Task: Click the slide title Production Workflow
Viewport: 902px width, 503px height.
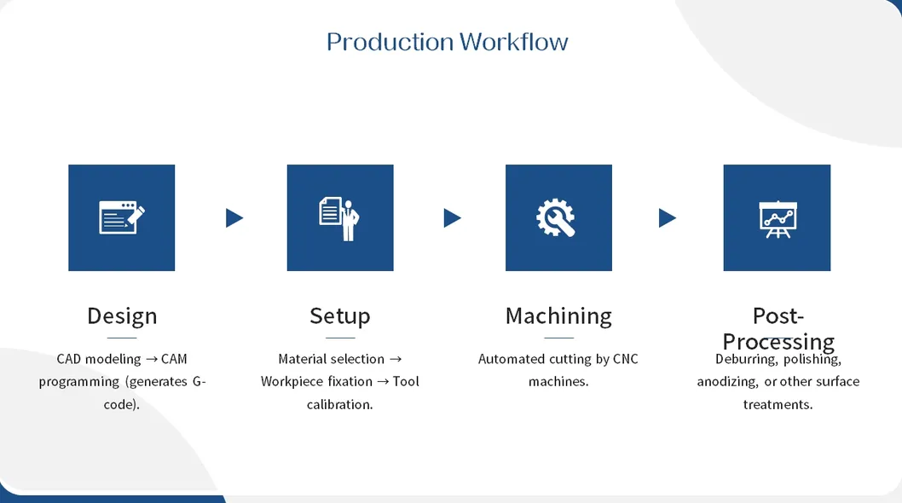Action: point(447,42)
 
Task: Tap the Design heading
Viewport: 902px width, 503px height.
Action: point(122,315)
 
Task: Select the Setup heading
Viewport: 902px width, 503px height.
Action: point(339,315)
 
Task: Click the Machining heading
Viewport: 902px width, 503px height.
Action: point(558,315)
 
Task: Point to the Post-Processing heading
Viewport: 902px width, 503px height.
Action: point(778,328)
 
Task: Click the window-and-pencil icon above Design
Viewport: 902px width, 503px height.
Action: point(122,218)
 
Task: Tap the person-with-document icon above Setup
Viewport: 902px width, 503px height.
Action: point(339,218)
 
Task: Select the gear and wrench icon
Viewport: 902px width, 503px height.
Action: point(558,218)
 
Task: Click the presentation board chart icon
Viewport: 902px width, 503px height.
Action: point(777,218)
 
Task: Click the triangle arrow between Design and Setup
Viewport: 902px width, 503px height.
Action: point(234,218)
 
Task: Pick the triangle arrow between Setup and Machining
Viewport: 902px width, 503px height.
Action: point(452,218)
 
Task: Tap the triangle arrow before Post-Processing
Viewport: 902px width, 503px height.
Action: point(667,218)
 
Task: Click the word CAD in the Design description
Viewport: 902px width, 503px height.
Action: point(69,359)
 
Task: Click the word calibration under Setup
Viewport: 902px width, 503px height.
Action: point(339,404)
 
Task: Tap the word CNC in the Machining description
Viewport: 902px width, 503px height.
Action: point(625,359)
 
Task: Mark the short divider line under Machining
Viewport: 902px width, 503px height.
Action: point(558,338)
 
